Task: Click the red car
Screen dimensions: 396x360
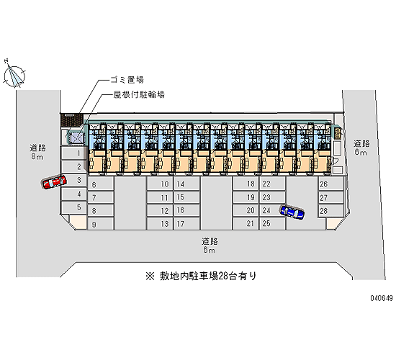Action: pyautogui.click(x=54, y=182)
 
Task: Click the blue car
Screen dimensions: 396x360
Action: pyautogui.click(x=292, y=212)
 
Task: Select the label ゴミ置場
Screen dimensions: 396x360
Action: pyautogui.click(x=127, y=80)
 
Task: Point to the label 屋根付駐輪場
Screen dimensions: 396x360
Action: pyautogui.click(x=139, y=95)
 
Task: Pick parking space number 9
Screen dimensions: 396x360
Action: pyautogui.click(x=100, y=225)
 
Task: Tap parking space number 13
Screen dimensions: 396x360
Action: pyautogui.click(x=160, y=224)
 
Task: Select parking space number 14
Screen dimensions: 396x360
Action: pyautogui.click(x=187, y=184)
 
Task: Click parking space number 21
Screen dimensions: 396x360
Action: pyautogui.click(x=246, y=224)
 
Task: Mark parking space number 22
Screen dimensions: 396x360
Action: pyautogui.click(x=272, y=184)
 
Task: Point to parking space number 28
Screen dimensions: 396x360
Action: pyautogui.click(x=330, y=211)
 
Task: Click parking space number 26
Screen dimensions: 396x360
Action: pyautogui.click(x=330, y=184)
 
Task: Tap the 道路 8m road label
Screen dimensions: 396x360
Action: pyautogui.click(x=37, y=153)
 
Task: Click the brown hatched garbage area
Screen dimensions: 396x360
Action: pyautogui.click(x=72, y=120)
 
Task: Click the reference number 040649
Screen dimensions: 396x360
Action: pyautogui.click(x=382, y=298)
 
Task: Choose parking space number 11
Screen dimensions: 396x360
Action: pyautogui.click(x=160, y=197)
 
